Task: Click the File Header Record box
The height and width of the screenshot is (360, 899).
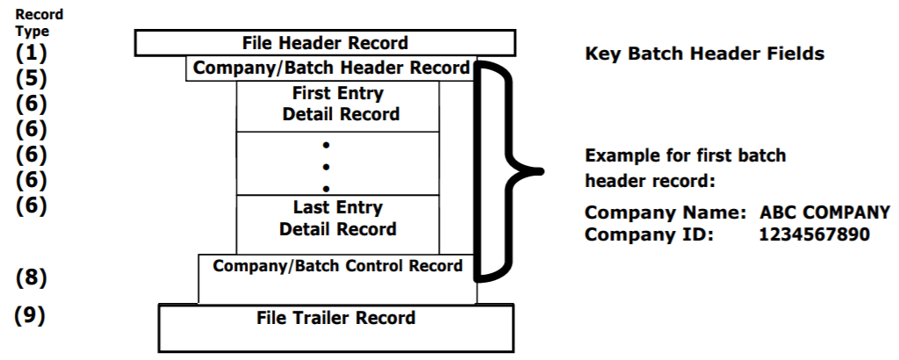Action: click(325, 43)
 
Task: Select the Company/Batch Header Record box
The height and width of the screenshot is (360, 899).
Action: click(331, 68)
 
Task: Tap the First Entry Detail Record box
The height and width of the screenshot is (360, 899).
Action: click(338, 104)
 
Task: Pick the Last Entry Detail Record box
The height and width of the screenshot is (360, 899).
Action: click(338, 219)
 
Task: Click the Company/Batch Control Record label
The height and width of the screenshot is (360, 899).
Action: click(338, 266)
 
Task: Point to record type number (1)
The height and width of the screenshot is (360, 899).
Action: click(32, 52)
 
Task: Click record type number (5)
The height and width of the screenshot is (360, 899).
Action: click(32, 77)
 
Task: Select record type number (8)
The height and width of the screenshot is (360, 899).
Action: click(32, 278)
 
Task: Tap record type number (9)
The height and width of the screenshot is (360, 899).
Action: click(32, 314)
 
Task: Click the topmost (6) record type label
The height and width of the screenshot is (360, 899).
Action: click(32, 104)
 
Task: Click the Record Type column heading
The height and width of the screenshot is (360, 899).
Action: click(32, 23)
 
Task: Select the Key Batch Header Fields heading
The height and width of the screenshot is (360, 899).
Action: click(704, 54)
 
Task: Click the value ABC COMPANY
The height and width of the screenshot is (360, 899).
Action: click(824, 213)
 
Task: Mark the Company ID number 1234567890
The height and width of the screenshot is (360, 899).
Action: click(814, 234)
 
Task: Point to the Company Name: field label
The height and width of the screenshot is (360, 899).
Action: click(665, 213)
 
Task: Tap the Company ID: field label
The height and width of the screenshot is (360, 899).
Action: click(648, 234)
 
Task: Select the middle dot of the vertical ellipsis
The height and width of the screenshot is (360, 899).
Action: click(326, 166)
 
